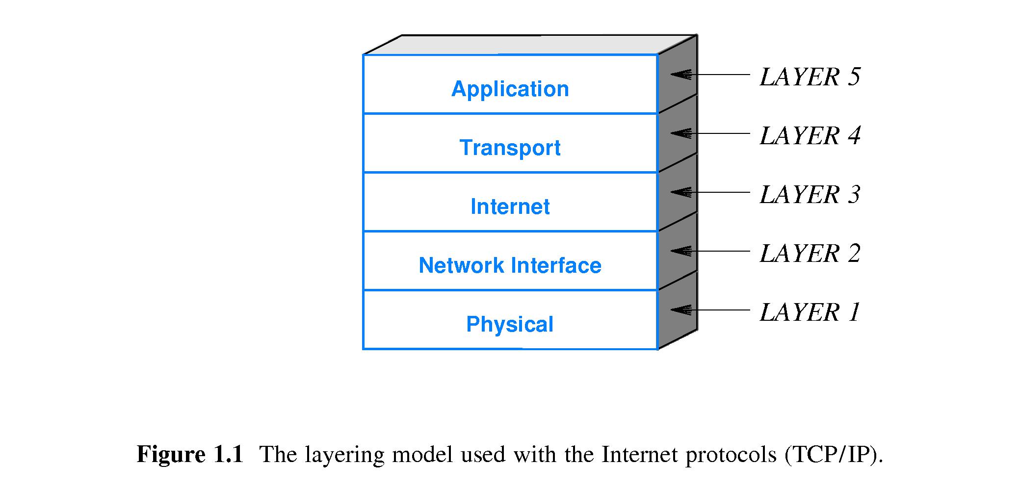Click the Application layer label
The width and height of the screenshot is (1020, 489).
click(510, 89)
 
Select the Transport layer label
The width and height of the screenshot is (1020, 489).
click(510, 148)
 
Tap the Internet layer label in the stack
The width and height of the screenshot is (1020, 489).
click(510, 206)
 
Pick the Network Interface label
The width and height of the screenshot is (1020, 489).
click(510, 265)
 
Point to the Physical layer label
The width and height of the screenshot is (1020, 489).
click(510, 324)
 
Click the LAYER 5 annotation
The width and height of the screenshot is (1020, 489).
click(810, 77)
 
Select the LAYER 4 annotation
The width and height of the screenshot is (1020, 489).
click(810, 136)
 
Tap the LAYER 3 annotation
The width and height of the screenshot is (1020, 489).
click(810, 195)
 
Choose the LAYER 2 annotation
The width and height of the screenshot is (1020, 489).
click(810, 254)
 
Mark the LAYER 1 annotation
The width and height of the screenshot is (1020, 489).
click(810, 312)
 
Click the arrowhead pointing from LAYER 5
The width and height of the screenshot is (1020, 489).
click(681, 75)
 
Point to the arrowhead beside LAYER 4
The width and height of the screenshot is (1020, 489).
click(681, 133)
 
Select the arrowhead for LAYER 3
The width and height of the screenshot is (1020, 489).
click(681, 192)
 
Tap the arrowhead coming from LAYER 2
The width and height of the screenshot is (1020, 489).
click(681, 251)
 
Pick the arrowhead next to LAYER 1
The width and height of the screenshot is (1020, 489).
click(681, 310)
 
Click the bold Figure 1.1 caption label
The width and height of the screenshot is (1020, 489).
click(190, 454)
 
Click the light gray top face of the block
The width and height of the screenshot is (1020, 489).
click(530, 45)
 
